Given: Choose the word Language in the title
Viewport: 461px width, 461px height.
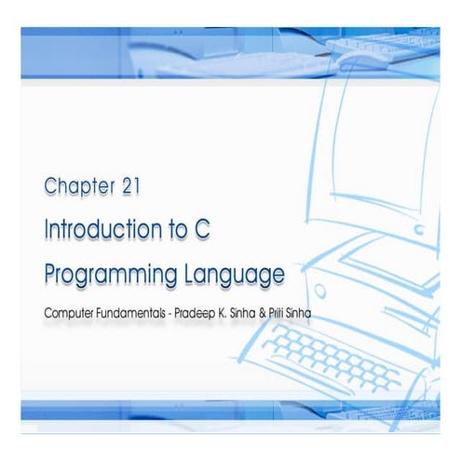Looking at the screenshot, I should [237, 275].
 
